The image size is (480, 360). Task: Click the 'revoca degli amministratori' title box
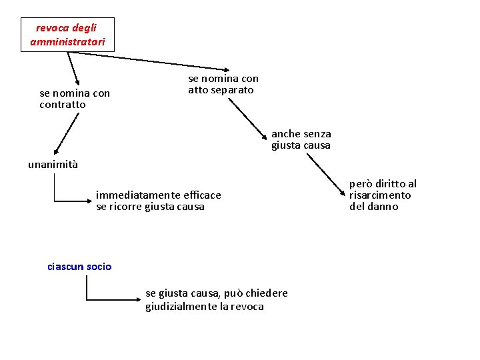(67, 35)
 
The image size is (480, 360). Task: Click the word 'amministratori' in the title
(67, 41)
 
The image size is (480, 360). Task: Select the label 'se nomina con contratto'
(75, 99)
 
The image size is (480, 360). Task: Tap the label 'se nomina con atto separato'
(223, 84)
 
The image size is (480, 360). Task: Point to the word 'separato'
(233, 90)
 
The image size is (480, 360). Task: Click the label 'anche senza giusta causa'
(301, 139)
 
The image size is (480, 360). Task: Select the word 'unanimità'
(53, 165)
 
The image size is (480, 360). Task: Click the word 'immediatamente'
(138, 195)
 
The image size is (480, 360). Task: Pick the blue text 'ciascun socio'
(79, 267)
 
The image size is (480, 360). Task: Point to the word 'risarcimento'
(380, 195)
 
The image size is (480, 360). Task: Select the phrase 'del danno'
(373, 207)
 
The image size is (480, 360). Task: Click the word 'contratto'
(63, 105)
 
